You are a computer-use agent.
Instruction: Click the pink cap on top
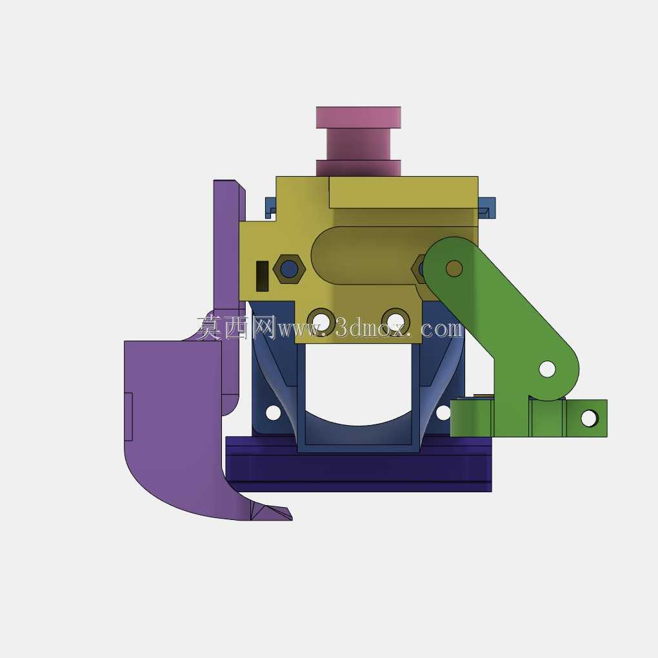359,117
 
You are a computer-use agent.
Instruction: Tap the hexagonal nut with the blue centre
289,268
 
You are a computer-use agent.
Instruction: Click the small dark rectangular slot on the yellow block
263,275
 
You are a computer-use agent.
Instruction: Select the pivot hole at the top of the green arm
454,268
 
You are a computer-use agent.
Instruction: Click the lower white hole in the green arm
547,369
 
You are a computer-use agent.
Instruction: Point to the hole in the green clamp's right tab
589,418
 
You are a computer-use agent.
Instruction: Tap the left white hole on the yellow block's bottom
321,321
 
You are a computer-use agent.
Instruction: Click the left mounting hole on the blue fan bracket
273,412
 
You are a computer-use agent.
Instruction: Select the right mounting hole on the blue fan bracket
444,413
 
